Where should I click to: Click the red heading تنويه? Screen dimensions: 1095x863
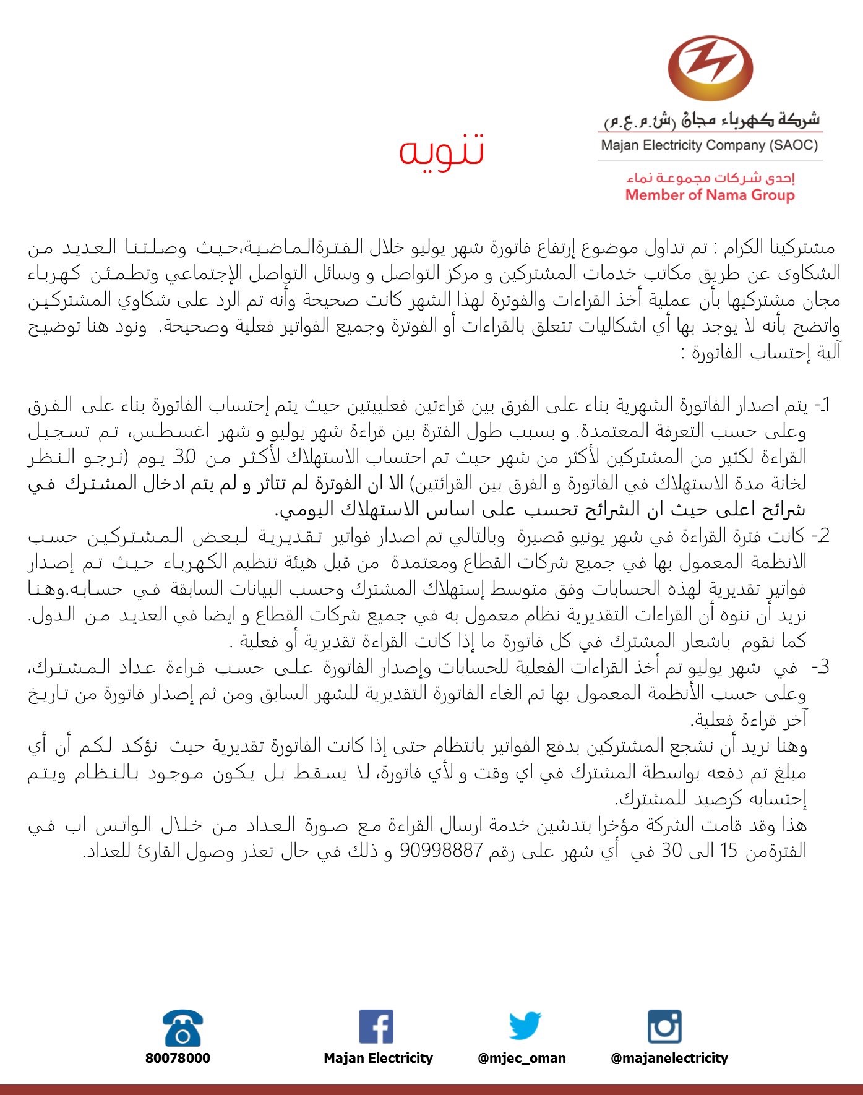[x=441, y=150]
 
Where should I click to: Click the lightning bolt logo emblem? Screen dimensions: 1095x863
[x=710, y=68]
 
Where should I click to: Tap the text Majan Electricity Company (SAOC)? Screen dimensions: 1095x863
[x=710, y=145]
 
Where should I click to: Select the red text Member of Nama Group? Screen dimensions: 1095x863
[x=710, y=195]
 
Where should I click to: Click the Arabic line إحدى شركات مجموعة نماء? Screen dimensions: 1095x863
[x=710, y=178]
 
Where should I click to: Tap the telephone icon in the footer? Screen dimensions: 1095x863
[x=182, y=1028]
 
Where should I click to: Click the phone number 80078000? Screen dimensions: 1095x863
[x=178, y=1058]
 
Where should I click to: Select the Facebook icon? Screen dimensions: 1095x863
[x=376, y=1027]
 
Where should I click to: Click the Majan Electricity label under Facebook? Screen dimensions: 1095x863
[x=378, y=1058]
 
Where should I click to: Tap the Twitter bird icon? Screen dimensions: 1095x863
[x=525, y=1026]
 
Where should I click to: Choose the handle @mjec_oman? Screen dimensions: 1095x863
[x=522, y=1058]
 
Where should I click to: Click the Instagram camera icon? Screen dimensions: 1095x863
[x=664, y=1027]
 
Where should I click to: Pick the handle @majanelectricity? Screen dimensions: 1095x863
[x=669, y=1058]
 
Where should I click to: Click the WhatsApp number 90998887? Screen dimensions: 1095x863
[x=441, y=851]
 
